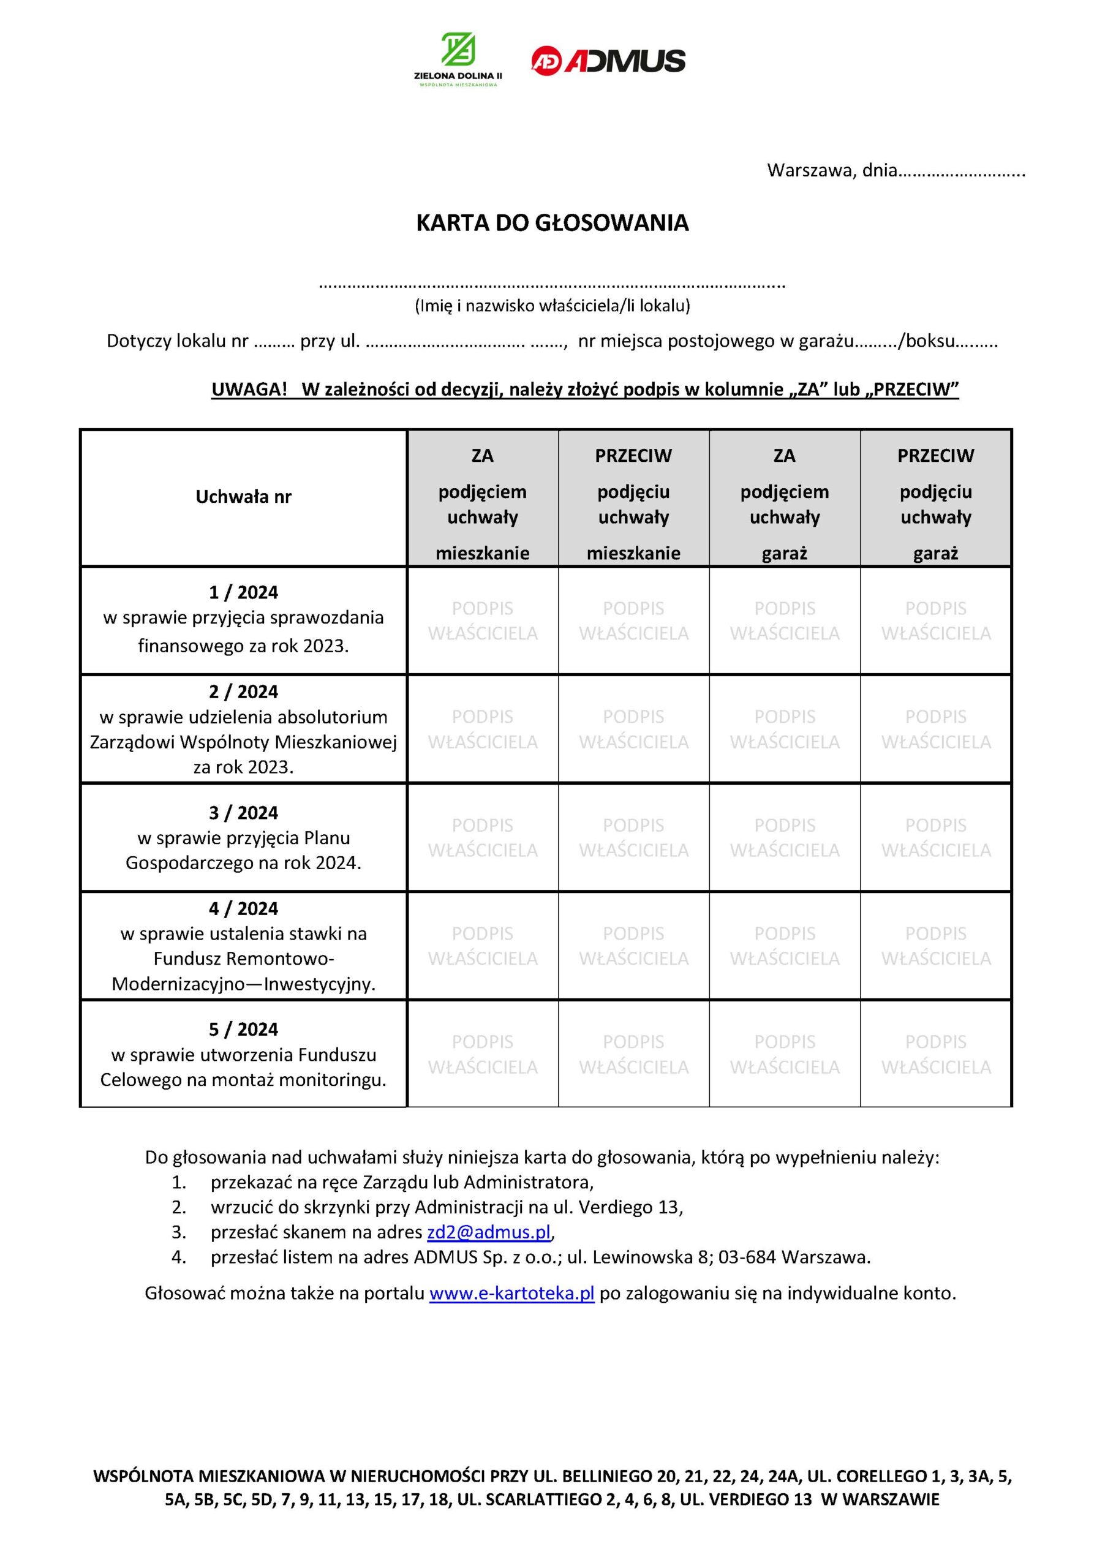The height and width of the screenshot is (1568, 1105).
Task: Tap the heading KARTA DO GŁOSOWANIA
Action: pos(552,224)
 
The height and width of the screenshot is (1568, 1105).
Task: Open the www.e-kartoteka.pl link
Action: pos(511,1294)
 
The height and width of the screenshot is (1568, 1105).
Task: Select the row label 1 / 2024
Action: pos(244,592)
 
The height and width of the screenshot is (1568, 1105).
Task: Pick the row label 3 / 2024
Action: pos(244,813)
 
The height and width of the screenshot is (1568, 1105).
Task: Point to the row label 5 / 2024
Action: pos(244,1029)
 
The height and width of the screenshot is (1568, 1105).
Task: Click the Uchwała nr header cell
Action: pos(244,497)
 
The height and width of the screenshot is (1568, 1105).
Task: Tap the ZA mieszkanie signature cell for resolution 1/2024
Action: pos(483,621)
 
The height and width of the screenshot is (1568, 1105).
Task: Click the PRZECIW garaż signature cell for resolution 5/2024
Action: pos(935,1055)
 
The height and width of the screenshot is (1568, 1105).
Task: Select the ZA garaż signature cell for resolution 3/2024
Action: pos(785,837)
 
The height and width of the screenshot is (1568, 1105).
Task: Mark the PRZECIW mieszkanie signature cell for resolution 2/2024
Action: pos(634,729)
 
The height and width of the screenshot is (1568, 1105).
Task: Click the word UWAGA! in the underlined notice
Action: pos(249,390)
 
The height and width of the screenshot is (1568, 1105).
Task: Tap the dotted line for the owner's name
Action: pos(552,284)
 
